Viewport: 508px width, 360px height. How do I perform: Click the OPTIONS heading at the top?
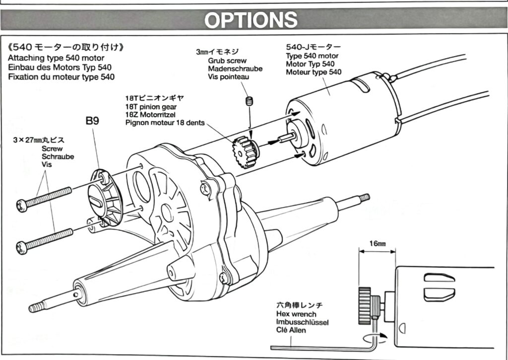click(x=251, y=20)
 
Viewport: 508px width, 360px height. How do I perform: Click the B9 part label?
click(x=92, y=121)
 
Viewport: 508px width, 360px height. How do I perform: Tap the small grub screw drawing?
click(x=250, y=102)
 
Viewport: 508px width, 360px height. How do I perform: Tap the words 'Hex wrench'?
click(x=297, y=314)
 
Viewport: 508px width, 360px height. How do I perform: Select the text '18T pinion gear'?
click(x=151, y=107)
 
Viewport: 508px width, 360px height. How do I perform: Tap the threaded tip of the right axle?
click(x=365, y=198)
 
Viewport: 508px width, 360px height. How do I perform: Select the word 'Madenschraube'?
click(x=235, y=69)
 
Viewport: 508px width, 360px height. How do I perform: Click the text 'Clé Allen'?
click(x=291, y=330)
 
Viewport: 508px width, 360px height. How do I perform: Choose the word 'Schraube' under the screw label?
click(x=58, y=156)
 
